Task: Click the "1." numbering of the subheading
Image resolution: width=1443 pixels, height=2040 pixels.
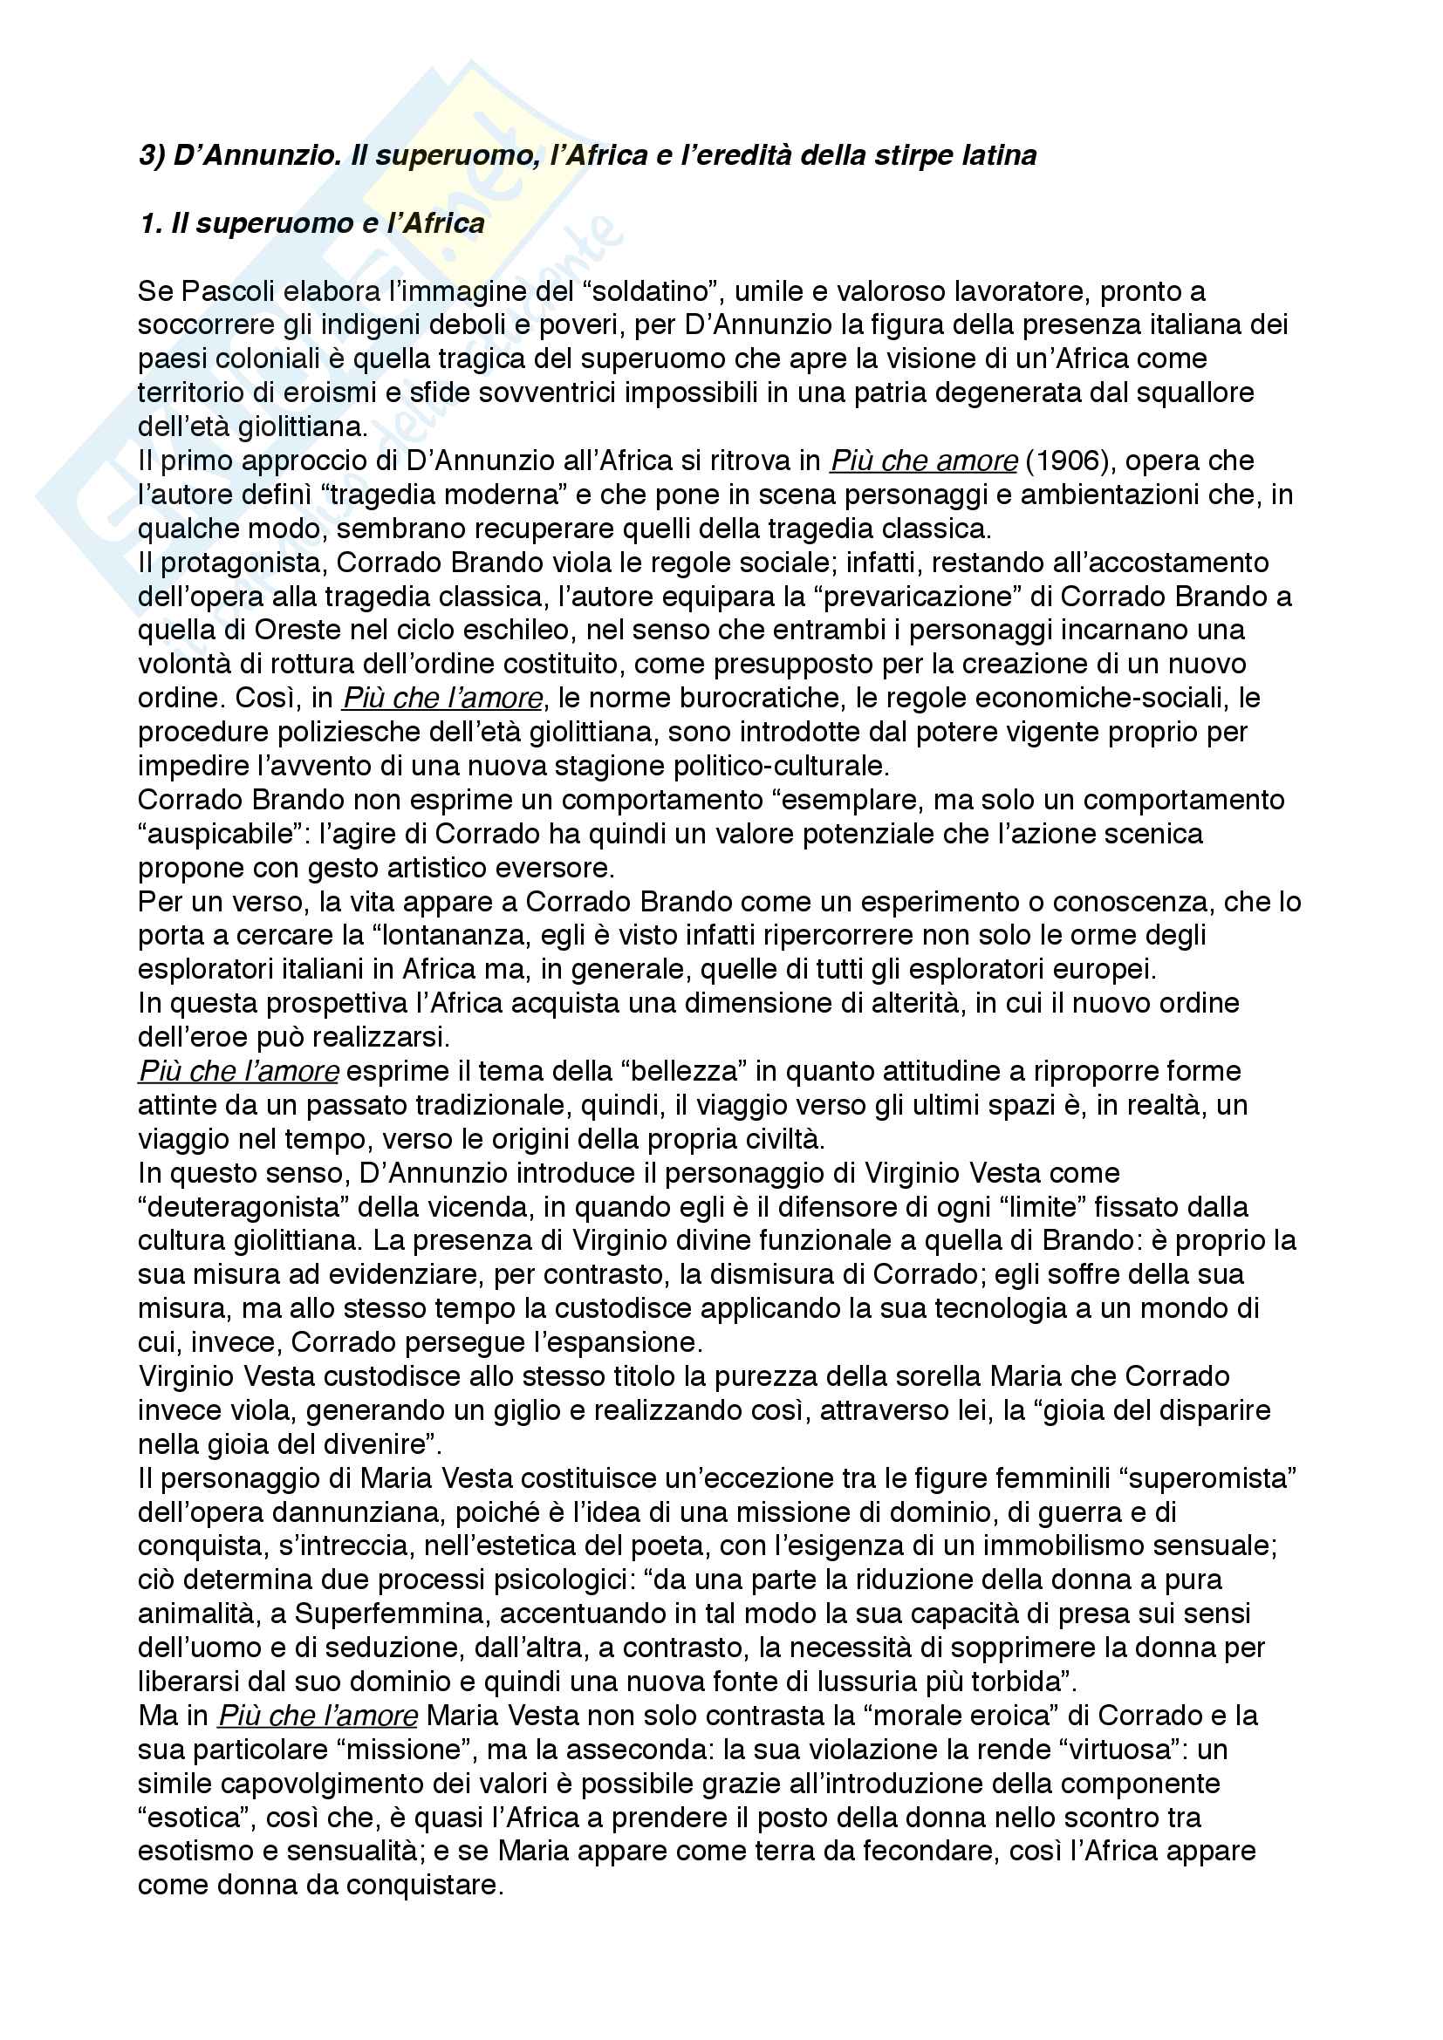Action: tap(150, 223)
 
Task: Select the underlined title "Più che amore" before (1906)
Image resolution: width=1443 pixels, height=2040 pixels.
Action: tap(923, 461)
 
